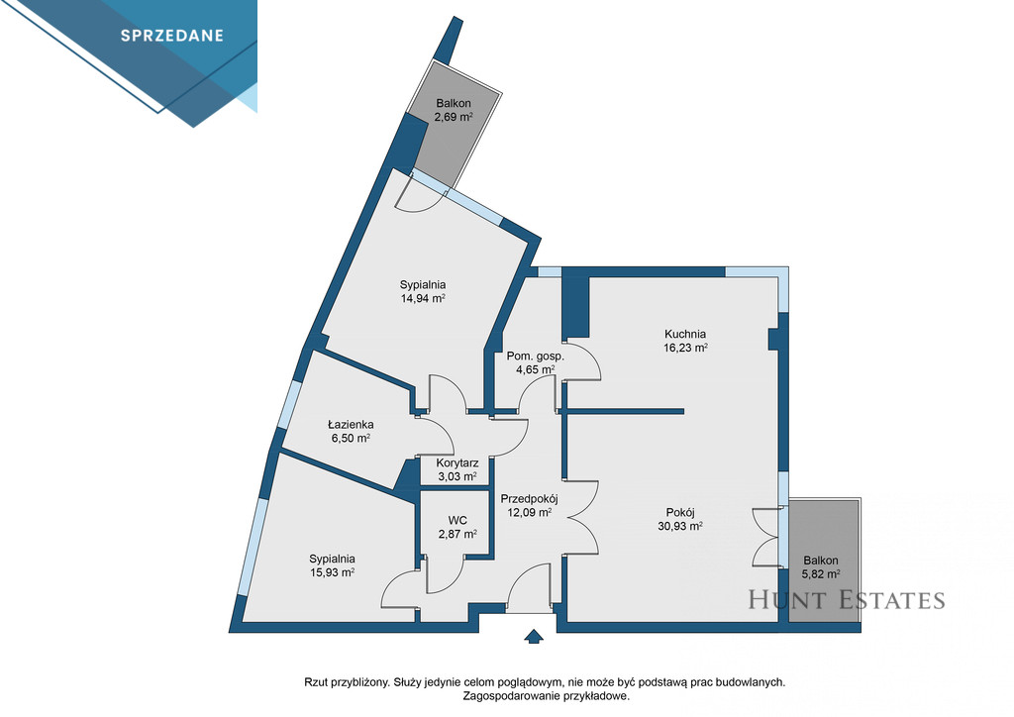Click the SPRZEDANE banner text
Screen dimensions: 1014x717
pos(172,36)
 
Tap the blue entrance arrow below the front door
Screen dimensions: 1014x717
pos(533,636)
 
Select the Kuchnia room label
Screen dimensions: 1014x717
pos(685,335)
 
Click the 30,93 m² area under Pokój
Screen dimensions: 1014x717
pos(680,526)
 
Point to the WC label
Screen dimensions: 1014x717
pos(457,521)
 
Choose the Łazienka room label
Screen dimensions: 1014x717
pos(351,425)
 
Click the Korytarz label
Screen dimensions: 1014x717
pos(457,462)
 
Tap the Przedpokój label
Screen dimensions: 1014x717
pos(529,498)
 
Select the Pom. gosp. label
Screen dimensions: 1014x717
pos(536,357)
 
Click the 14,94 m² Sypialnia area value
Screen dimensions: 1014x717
pos(423,298)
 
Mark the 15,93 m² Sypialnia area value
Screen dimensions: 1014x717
pos(332,572)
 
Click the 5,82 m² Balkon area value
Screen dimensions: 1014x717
pos(821,573)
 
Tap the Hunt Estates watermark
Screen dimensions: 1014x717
pos(847,600)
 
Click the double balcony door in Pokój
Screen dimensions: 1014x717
pos(767,538)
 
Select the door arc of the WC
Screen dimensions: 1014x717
pos(446,574)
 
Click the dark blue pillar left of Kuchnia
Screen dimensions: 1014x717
pos(575,307)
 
